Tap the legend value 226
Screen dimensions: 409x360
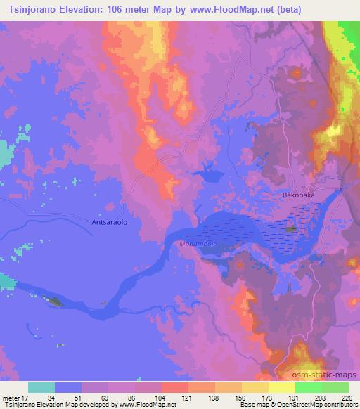coord(345,397)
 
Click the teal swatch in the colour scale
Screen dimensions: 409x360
coord(41,387)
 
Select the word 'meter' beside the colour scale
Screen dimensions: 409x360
coord(13,397)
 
